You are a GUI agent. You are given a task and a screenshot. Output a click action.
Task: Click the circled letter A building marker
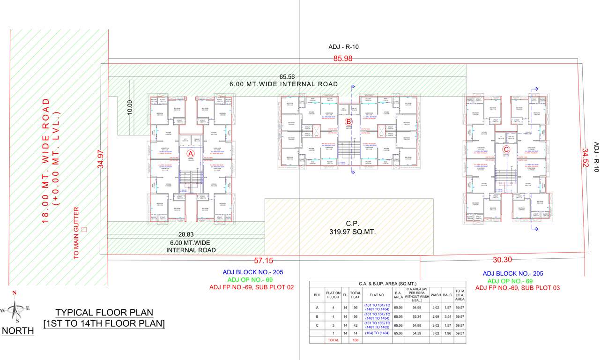click(191, 153)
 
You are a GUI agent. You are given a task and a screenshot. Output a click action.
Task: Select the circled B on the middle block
click(348, 121)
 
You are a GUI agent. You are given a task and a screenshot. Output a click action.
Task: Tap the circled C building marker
click(506, 150)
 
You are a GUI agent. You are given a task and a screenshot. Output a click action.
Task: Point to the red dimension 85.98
click(343, 59)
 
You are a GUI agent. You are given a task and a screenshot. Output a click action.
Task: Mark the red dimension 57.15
click(264, 260)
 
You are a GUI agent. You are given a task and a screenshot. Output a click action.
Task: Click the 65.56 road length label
click(287, 76)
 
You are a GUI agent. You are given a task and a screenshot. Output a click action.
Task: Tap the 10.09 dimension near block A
click(130, 107)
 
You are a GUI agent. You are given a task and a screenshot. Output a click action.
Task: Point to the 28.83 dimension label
click(186, 234)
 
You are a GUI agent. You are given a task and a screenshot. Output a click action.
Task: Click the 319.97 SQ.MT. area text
click(349, 232)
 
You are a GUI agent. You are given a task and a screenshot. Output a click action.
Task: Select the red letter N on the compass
click(15, 293)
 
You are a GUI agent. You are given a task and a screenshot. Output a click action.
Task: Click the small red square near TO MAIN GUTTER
click(84, 229)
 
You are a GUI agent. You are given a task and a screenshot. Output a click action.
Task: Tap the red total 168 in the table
click(355, 340)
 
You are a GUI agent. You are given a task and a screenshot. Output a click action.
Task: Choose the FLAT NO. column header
click(377, 296)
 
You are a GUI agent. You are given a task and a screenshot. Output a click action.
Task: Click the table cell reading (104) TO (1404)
click(377, 333)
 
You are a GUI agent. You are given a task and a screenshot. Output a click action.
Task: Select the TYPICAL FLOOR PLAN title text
click(104, 312)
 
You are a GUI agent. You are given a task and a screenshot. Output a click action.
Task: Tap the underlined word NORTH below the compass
click(18, 331)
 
